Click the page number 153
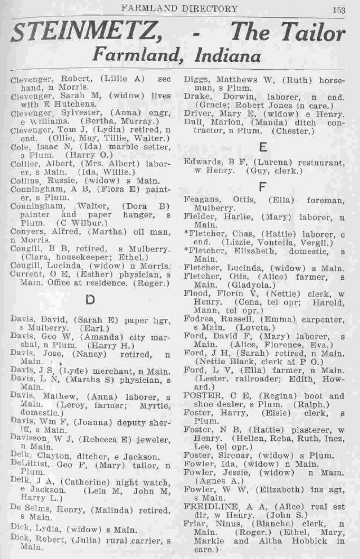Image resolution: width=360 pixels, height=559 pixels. pyautogui.click(x=338, y=8)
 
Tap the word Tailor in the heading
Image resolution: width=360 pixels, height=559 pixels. pyautogui.click(x=312, y=34)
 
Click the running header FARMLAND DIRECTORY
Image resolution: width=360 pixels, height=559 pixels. pyautogui.click(x=179, y=8)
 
